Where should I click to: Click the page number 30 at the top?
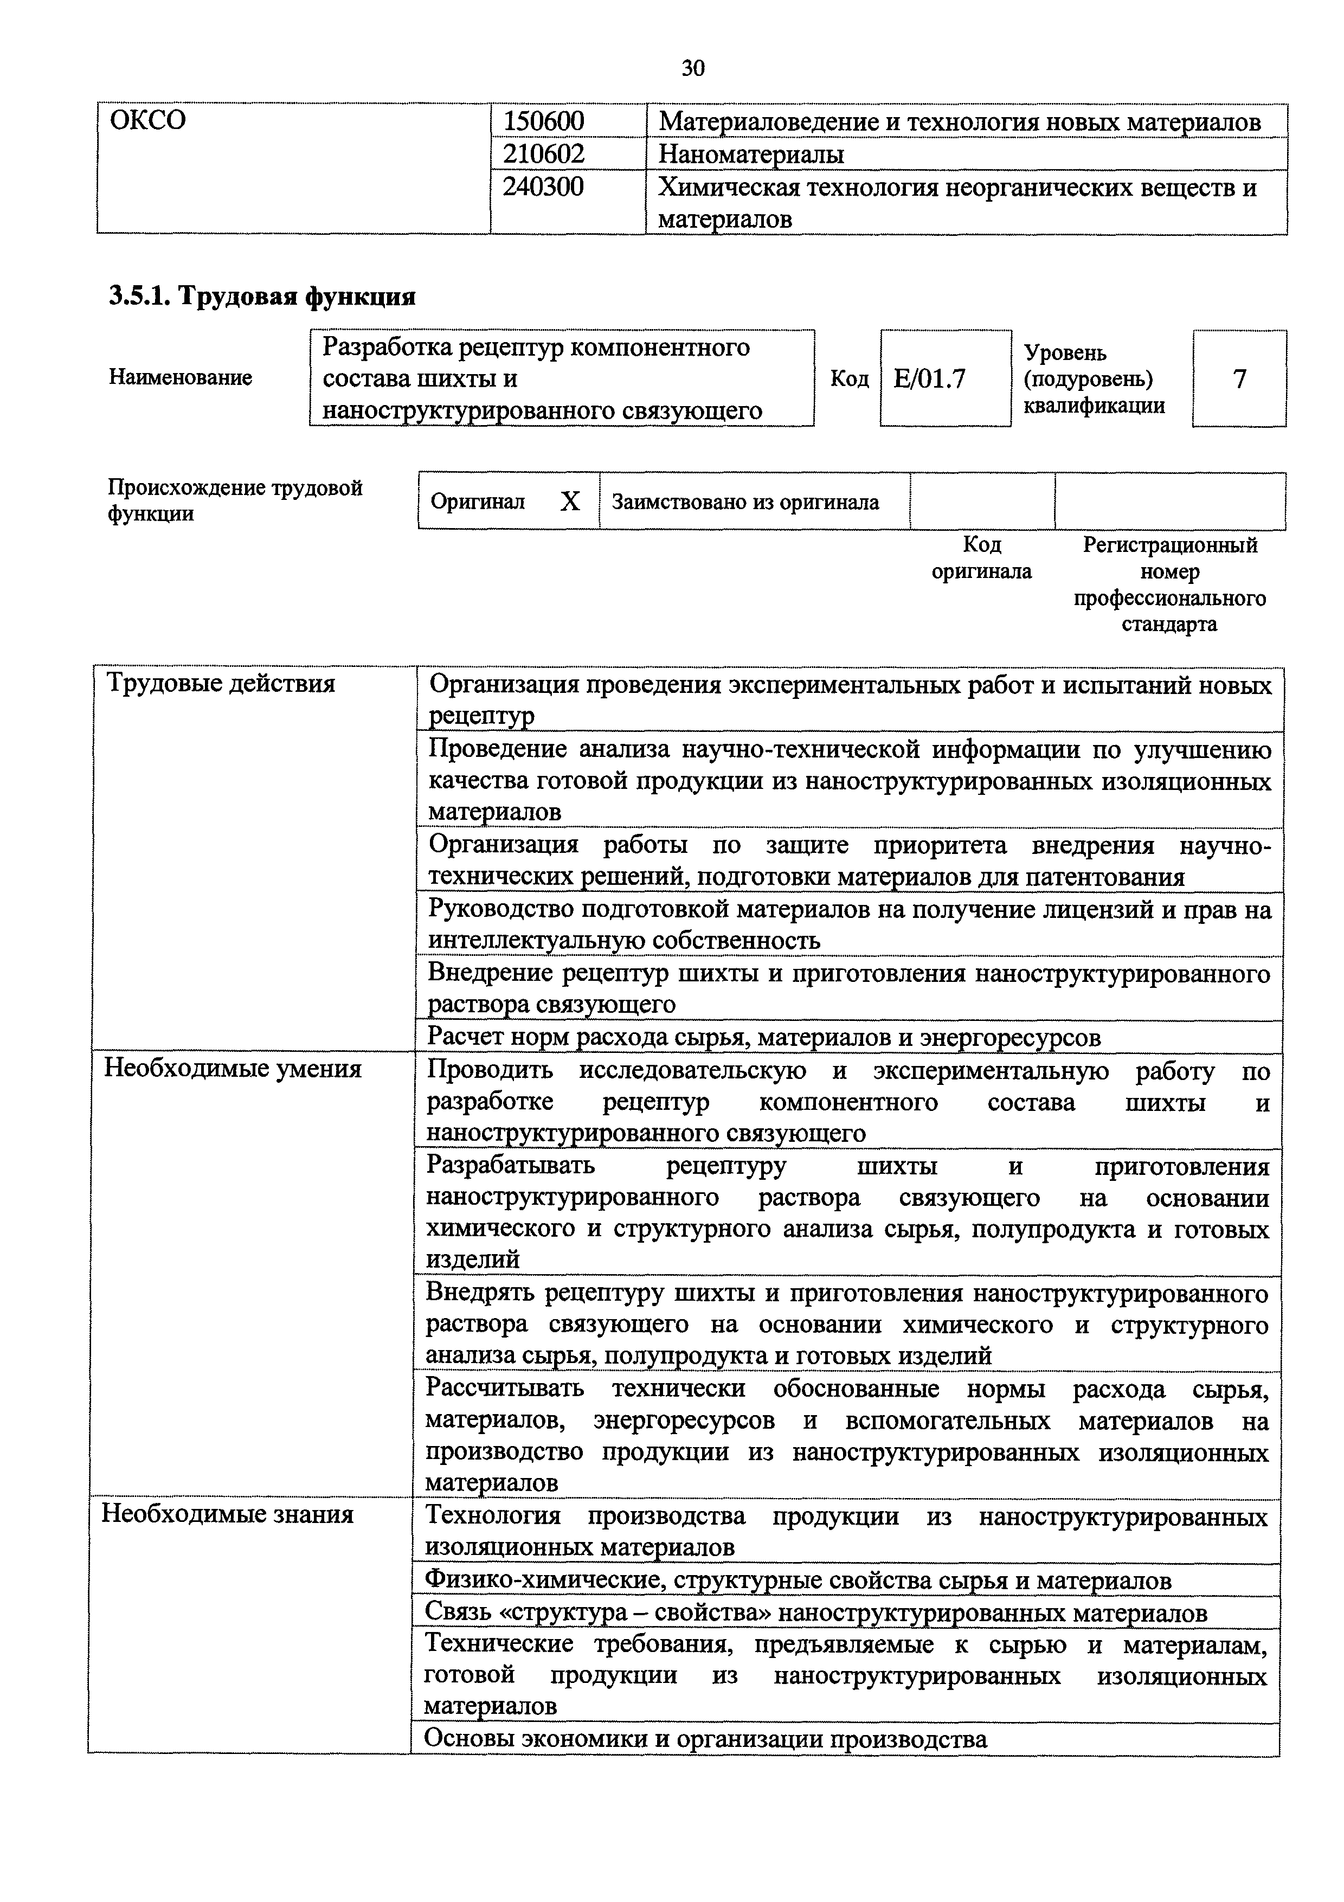point(693,68)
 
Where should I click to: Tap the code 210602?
point(544,154)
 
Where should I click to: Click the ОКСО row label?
point(148,121)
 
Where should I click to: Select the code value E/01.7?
point(930,378)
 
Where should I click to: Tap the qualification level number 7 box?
point(1239,378)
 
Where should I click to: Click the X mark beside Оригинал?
point(570,501)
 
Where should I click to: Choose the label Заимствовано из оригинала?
point(745,502)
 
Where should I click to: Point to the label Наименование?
point(181,378)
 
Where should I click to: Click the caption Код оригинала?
point(982,558)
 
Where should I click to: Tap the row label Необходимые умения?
point(233,1069)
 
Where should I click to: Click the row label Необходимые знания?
point(228,1515)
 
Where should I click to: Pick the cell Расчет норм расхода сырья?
point(763,1037)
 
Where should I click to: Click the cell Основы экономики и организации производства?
point(705,1739)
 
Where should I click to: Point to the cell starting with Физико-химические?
point(798,1580)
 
